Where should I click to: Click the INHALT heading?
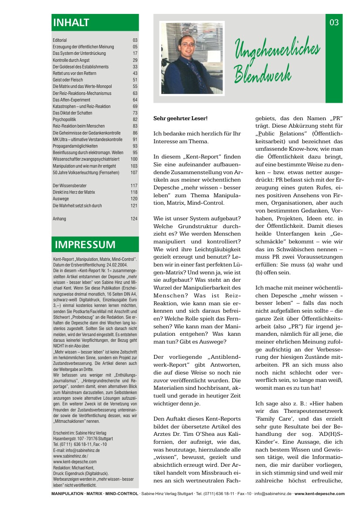click(71, 22)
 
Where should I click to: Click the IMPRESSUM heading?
click(85, 245)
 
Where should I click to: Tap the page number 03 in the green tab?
click(334, 22)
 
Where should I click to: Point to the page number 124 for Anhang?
click(134, 219)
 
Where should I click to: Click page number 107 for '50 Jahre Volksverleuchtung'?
click(134, 172)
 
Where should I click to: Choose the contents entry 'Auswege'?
click(61, 199)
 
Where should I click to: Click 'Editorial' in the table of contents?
click(60, 40)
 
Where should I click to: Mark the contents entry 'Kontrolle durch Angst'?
click(71, 60)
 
